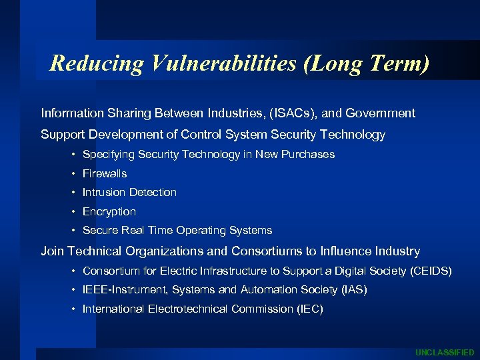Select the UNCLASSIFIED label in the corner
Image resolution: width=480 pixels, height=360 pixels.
click(445, 352)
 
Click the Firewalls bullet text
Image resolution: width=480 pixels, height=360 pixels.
click(105, 173)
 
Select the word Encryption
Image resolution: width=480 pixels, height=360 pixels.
click(109, 211)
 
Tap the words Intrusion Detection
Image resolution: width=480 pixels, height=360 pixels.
click(129, 192)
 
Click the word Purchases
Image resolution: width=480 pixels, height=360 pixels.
click(309, 154)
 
